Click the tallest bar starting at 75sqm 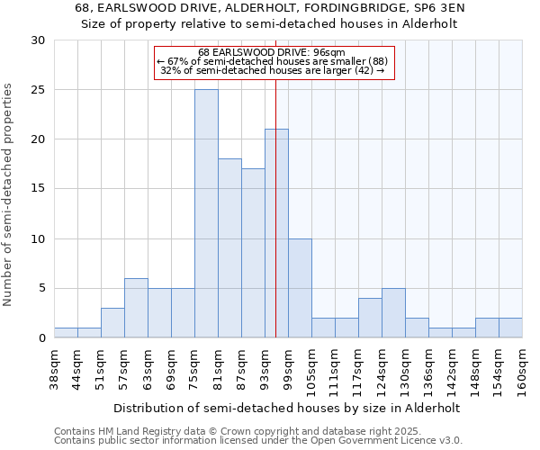(x=206, y=213)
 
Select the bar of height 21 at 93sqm (x=276, y=233)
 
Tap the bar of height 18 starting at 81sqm (x=229, y=248)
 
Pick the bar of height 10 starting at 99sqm (x=300, y=288)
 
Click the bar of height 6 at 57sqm (x=136, y=308)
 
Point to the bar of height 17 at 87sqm (x=253, y=253)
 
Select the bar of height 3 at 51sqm (x=112, y=322)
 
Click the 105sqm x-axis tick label (x=310, y=372)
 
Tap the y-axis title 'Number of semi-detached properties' (x=9, y=194)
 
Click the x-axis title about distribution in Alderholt (x=288, y=408)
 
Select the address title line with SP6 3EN (x=270, y=8)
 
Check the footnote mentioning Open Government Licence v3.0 (x=258, y=441)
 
